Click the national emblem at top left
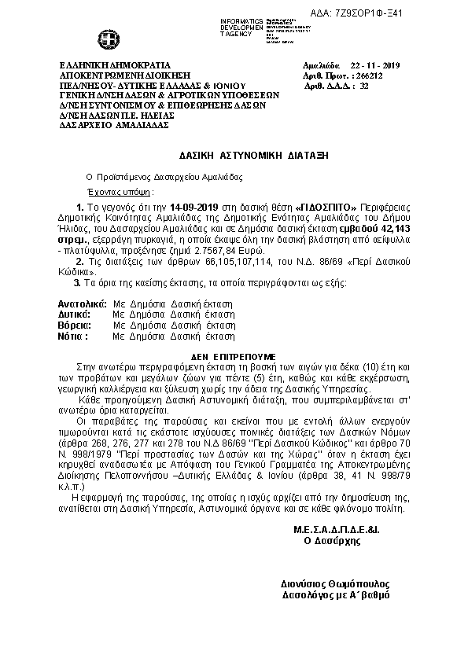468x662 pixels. click(104, 38)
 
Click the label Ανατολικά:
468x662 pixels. click(77, 303)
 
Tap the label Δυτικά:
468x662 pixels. click(71, 314)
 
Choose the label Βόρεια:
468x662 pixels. click(72, 324)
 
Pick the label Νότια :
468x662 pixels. click(72, 335)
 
